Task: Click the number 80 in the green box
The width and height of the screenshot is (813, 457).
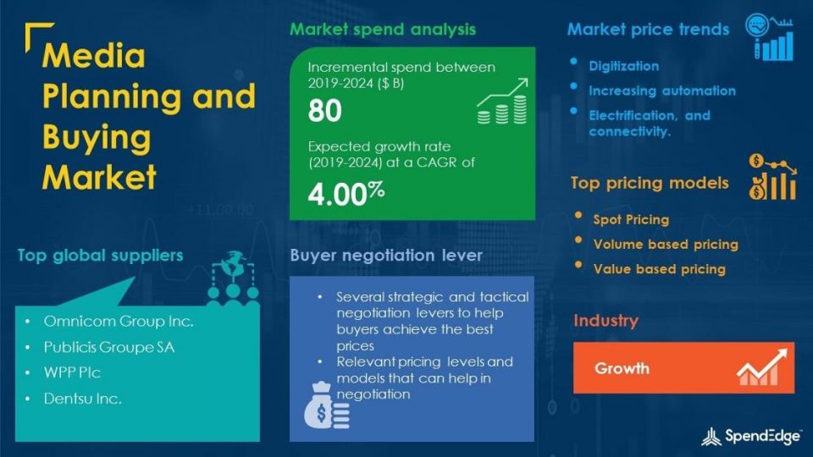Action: tap(324, 110)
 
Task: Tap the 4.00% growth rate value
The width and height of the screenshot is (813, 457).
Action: tap(346, 194)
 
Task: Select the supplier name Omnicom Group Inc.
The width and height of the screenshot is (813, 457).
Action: tap(119, 322)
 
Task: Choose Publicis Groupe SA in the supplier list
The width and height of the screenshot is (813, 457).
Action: tap(109, 347)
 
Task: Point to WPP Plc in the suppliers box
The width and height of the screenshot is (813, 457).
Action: tap(72, 372)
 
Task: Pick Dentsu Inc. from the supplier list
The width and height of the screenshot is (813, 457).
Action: tap(82, 399)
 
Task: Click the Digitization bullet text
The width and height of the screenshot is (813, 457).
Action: tap(624, 66)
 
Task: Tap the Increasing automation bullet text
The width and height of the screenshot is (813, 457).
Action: tap(662, 91)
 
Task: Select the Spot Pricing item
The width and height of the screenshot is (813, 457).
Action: tap(631, 220)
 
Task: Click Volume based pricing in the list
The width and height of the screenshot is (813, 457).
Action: tap(666, 244)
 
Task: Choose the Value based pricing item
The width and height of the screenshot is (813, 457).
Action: tap(660, 269)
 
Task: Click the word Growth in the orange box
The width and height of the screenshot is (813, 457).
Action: tap(622, 368)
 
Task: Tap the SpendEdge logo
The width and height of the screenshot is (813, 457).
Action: tap(750, 437)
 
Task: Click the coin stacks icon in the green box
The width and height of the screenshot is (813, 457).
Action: tap(502, 102)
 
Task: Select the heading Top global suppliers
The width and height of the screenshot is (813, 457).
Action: tap(100, 255)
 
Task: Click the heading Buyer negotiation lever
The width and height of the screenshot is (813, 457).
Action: tap(386, 255)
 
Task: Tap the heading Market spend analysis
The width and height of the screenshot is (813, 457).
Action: tap(383, 29)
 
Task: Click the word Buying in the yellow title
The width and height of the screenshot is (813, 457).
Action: tap(97, 138)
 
